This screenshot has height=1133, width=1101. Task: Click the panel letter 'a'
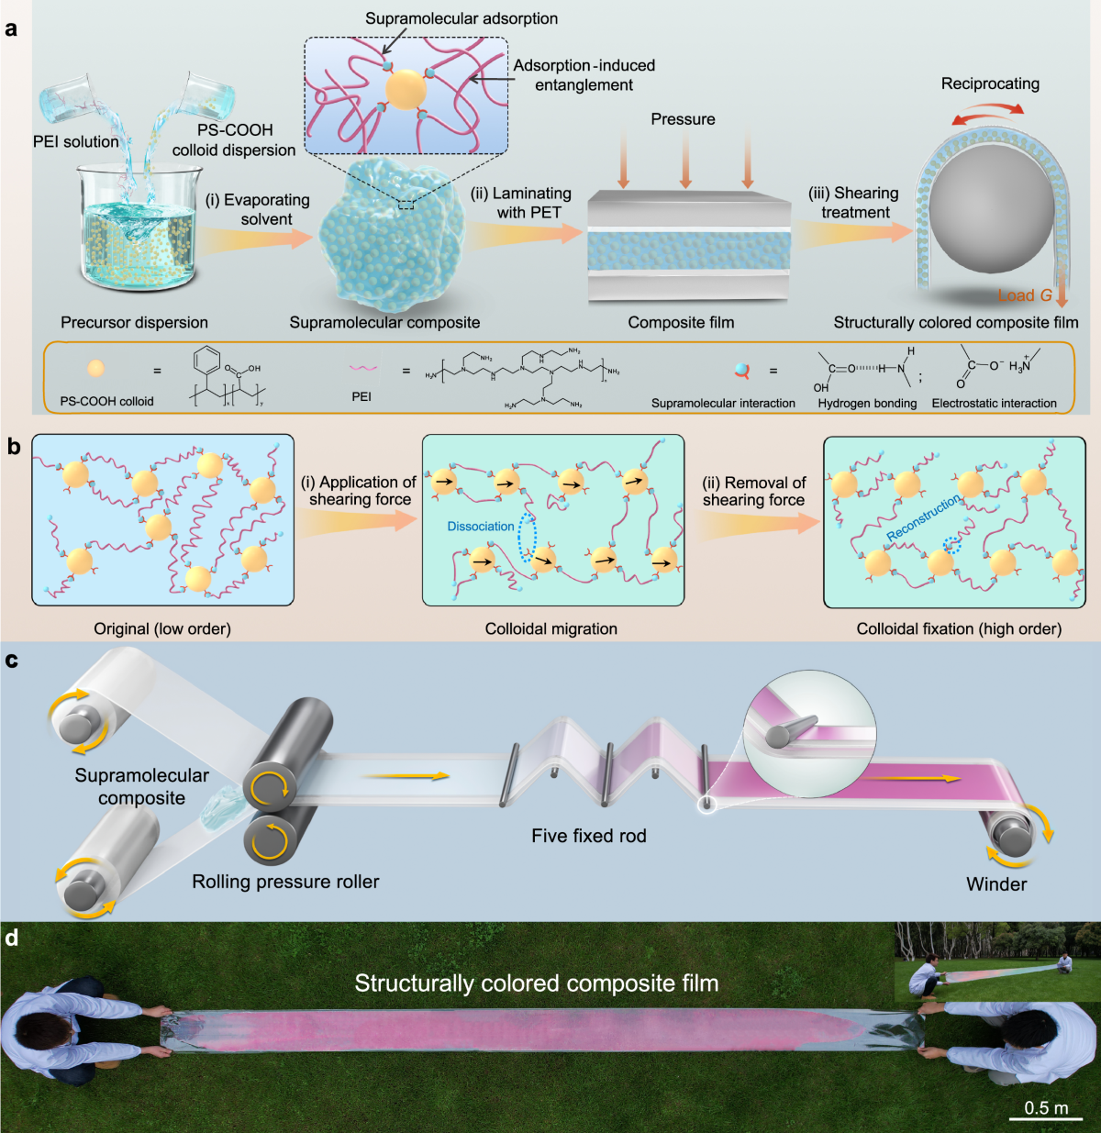(x=11, y=28)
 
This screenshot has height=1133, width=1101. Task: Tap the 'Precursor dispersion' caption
(x=134, y=322)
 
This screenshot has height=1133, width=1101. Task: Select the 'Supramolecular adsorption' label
(x=461, y=18)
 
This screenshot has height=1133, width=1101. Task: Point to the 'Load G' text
(x=1025, y=295)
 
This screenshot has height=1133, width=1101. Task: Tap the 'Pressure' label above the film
(x=683, y=119)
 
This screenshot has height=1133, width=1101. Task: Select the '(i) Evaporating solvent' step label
(x=257, y=209)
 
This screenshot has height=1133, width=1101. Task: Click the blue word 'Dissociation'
(x=481, y=527)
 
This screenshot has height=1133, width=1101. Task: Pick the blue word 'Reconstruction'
(x=923, y=517)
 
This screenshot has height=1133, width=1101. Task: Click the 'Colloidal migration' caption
(x=550, y=628)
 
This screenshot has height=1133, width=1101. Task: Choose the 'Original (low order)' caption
(x=162, y=628)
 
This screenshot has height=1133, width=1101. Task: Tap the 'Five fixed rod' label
(x=589, y=836)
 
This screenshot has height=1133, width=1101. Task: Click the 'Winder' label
(x=996, y=884)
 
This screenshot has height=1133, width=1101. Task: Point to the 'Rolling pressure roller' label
(x=285, y=882)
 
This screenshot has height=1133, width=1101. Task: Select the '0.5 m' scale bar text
(x=1046, y=1108)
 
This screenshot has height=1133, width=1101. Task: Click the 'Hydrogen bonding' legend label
(x=867, y=403)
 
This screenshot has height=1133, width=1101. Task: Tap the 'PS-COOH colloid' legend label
(x=106, y=401)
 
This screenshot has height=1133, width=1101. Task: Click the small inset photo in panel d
(x=996, y=962)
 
